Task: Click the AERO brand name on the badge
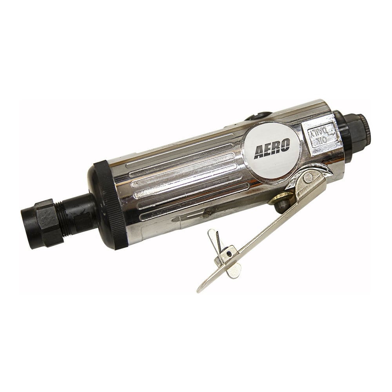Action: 272,149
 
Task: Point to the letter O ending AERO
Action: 285,145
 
